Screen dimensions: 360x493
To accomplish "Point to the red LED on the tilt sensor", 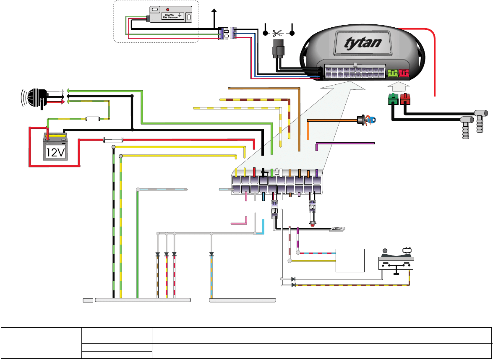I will (168, 9).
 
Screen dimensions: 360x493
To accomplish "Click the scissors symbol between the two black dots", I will (278, 33).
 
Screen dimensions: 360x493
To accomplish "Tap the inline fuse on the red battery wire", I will (112, 140).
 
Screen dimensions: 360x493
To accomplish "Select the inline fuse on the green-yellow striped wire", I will (92, 119).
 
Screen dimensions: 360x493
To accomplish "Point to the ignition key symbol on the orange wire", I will (366, 120).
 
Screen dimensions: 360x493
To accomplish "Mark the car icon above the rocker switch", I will (407, 250).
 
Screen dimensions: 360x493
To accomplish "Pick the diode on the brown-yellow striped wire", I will (293, 285).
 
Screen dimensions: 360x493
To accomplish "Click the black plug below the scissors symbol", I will (278, 50).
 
